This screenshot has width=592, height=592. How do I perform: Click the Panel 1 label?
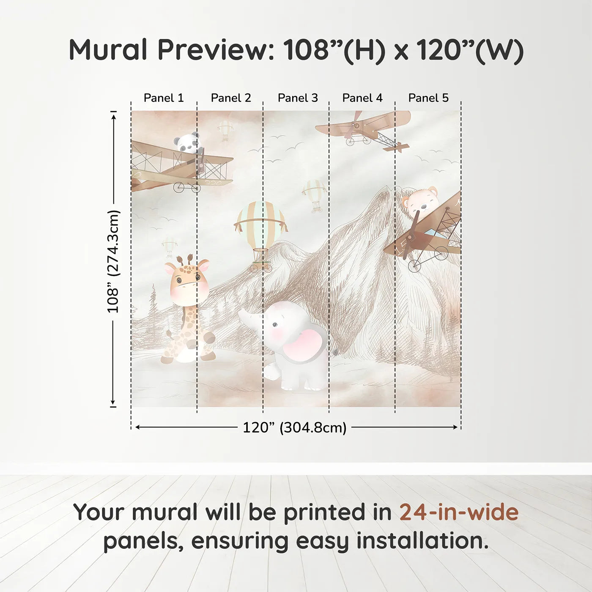click(164, 98)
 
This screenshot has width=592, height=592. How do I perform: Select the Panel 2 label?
click(231, 98)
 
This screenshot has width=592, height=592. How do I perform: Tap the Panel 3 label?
click(298, 98)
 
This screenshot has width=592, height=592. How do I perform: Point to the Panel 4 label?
click(362, 98)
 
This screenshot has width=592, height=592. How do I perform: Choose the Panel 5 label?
click(428, 98)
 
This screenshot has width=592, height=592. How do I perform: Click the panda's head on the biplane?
click(187, 142)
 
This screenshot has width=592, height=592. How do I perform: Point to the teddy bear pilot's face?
click(421, 203)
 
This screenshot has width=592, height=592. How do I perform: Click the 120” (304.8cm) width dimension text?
click(295, 428)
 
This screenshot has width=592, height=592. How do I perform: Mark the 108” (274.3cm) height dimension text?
click(112, 261)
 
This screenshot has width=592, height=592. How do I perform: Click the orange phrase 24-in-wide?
click(459, 512)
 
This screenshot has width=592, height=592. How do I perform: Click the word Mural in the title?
click(108, 50)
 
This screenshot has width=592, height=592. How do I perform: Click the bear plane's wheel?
click(414, 266)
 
